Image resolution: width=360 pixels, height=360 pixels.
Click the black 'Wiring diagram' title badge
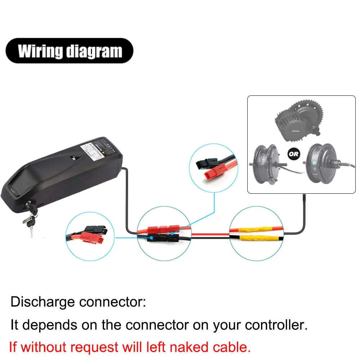pyautogui.click(x=70, y=51)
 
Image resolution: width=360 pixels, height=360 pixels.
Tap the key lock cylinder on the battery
pyautogui.click(x=28, y=205)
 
